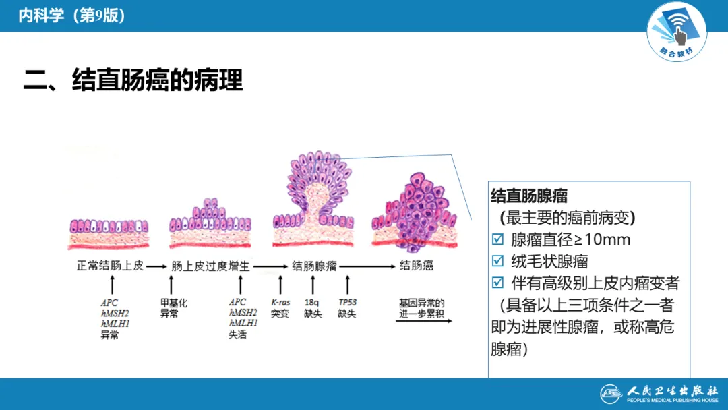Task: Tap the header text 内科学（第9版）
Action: (71, 16)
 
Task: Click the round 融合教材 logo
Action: (677, 31)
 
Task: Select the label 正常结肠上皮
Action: (110, 266)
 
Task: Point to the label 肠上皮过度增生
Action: (210, 266)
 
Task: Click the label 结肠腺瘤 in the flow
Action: (314, 266)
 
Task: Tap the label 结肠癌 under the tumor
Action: (417, 266)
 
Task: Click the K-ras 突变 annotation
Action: (280, 308)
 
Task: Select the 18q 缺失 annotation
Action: (313, 308)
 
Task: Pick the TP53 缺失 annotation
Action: (347, 308)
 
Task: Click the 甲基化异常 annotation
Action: (173, 308)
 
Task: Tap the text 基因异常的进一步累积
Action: (422, 308)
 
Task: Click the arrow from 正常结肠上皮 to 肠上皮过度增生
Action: (156, 266)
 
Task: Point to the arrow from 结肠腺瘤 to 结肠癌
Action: (367, 266)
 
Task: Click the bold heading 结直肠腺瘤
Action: (529, 196)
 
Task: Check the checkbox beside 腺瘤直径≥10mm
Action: (498, 239)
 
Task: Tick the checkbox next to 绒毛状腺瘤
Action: (498, 261)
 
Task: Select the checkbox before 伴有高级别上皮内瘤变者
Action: (498, 283)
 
